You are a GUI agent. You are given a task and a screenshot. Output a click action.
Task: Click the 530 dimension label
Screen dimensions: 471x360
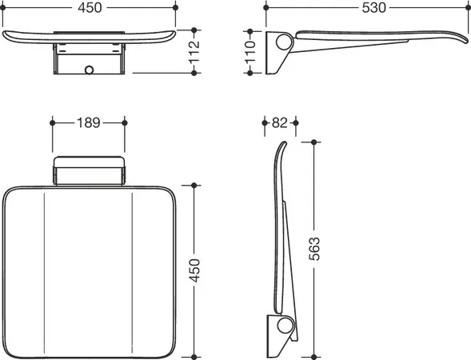[x=373, y=7]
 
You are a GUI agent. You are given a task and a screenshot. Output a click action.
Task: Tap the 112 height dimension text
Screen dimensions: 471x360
[x=194, y=52]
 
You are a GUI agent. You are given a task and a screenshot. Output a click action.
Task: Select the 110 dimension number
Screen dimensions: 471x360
[x=250, y=52]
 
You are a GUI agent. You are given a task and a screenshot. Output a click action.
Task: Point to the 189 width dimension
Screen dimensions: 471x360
[x=89, y=122]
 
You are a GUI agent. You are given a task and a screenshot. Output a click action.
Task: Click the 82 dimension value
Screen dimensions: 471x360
[x=280, y=122]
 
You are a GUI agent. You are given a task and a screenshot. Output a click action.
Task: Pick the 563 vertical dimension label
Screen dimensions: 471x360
[x=314, y=249]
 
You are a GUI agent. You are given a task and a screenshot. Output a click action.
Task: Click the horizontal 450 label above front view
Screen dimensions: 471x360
[x=90, y=7]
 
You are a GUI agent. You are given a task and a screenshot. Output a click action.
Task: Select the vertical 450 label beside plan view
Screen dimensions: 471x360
[x=194, y=270]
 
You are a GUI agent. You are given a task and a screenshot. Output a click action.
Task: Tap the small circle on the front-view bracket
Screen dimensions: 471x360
[x=90, y=70]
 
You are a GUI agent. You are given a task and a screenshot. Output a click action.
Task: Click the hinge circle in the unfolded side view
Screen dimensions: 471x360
[x=284, y=42]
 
